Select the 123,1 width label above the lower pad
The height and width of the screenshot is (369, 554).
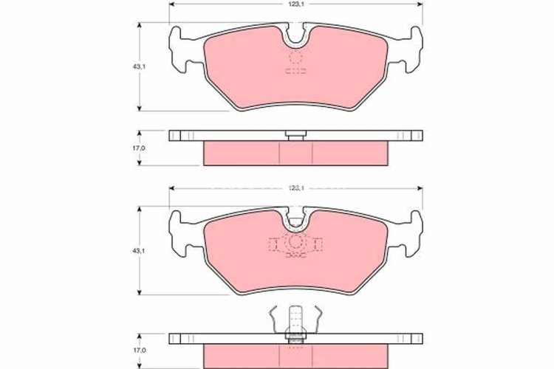pyautogui.click(x=296, y=188)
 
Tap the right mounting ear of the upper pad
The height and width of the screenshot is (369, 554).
pyautogui.click(x=414, y=44)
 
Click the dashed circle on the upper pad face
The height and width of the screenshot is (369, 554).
pyautogui.click(x=296, y=57)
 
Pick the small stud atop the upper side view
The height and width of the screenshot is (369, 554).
pyautogui.click(x=296, y=134)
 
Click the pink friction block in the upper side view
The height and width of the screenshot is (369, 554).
pyautogui.click(x=296, y=154)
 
